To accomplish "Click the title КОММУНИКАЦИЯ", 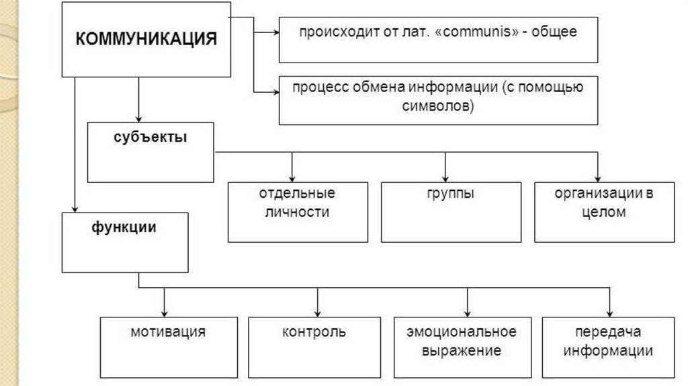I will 146,39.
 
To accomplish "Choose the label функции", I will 124,227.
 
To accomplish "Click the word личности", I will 298,213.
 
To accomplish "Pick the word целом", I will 605,213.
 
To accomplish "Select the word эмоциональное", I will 462,332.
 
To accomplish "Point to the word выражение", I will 462,350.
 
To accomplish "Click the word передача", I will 609,332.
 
